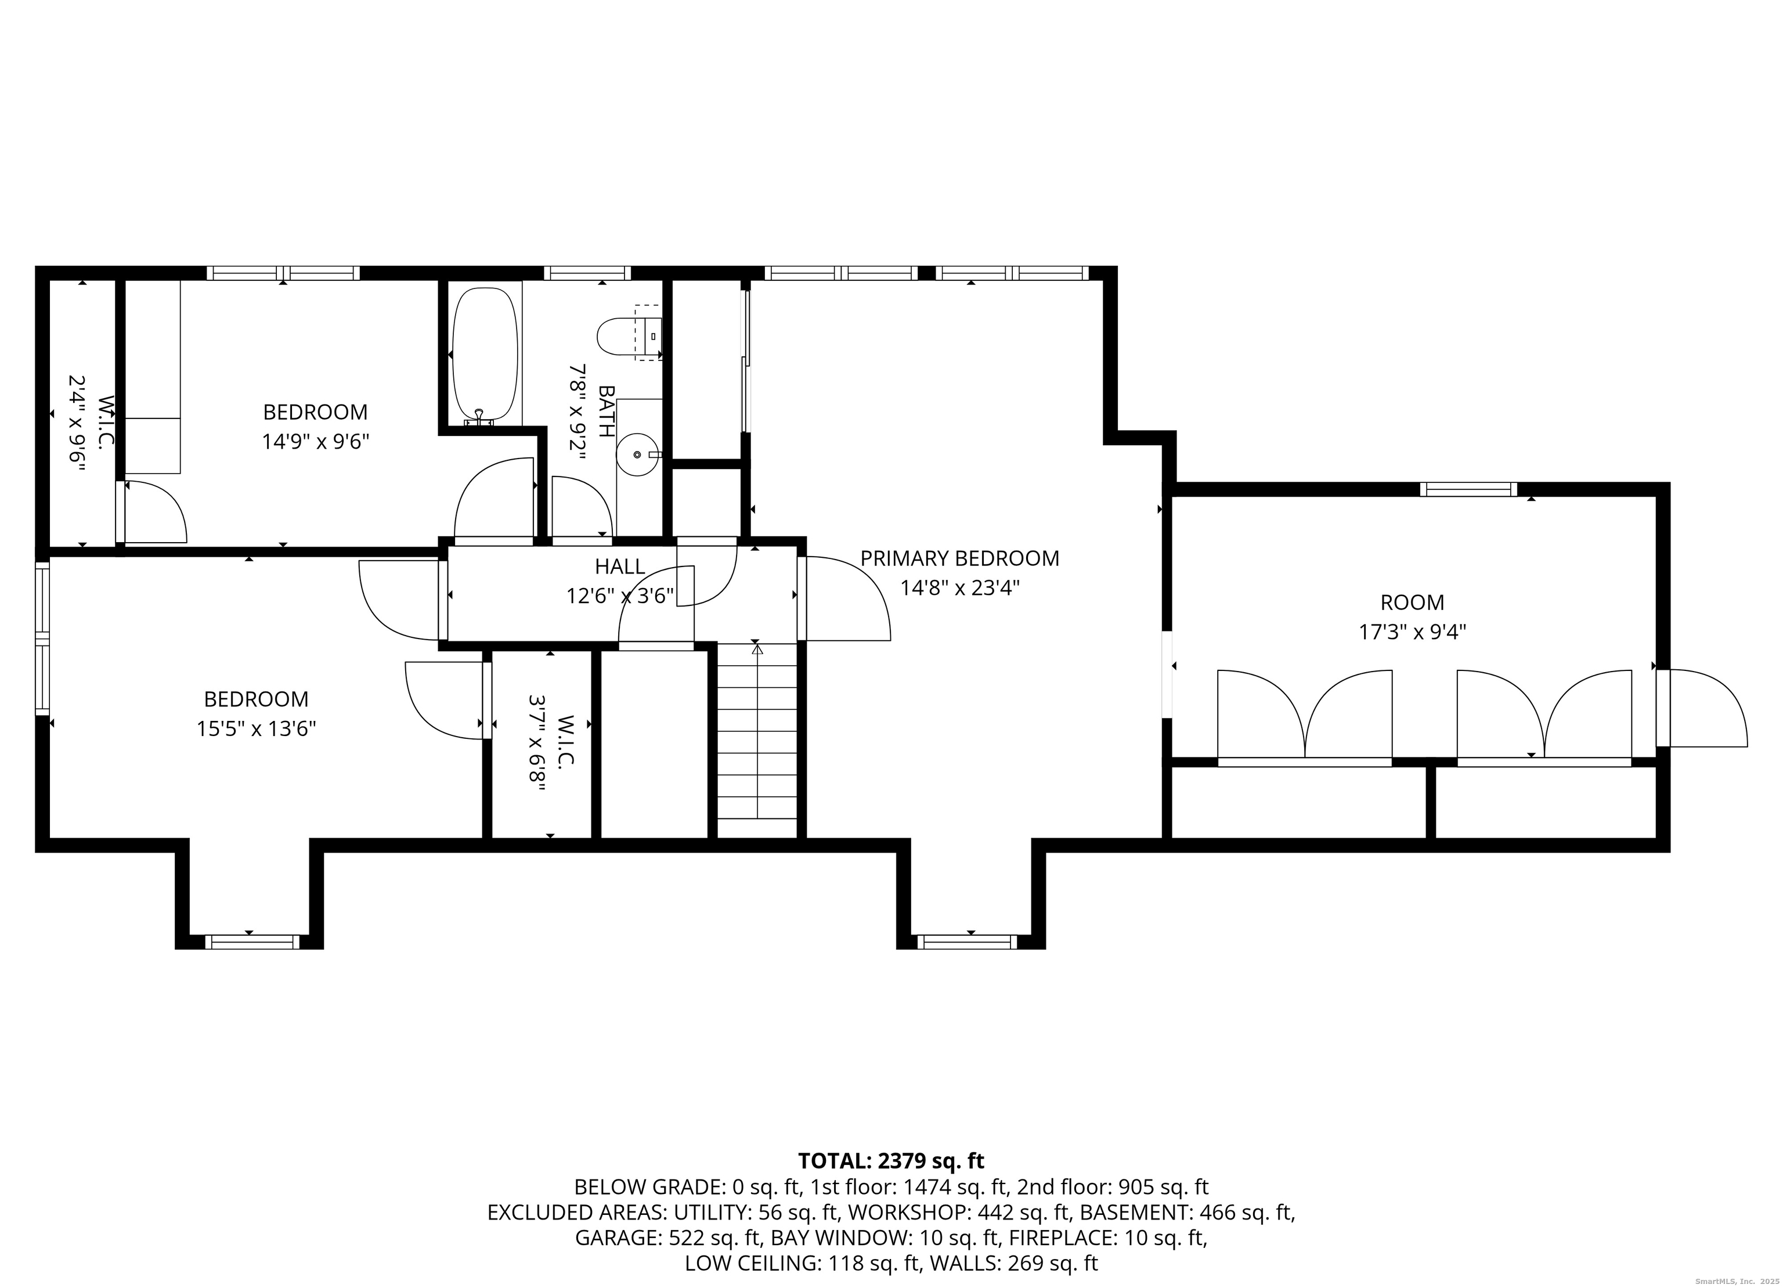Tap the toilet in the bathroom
[x=630, y=337]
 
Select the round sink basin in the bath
[x=637, y=454]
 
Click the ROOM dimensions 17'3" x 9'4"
[x=1413, y=632]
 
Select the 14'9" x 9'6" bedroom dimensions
[x=315, y=441]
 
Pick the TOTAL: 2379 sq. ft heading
[x=891, y=1161]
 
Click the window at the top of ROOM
[x=1468, y=489]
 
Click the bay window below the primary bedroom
[x=967, y=942]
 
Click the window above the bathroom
[x=587, y=273]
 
